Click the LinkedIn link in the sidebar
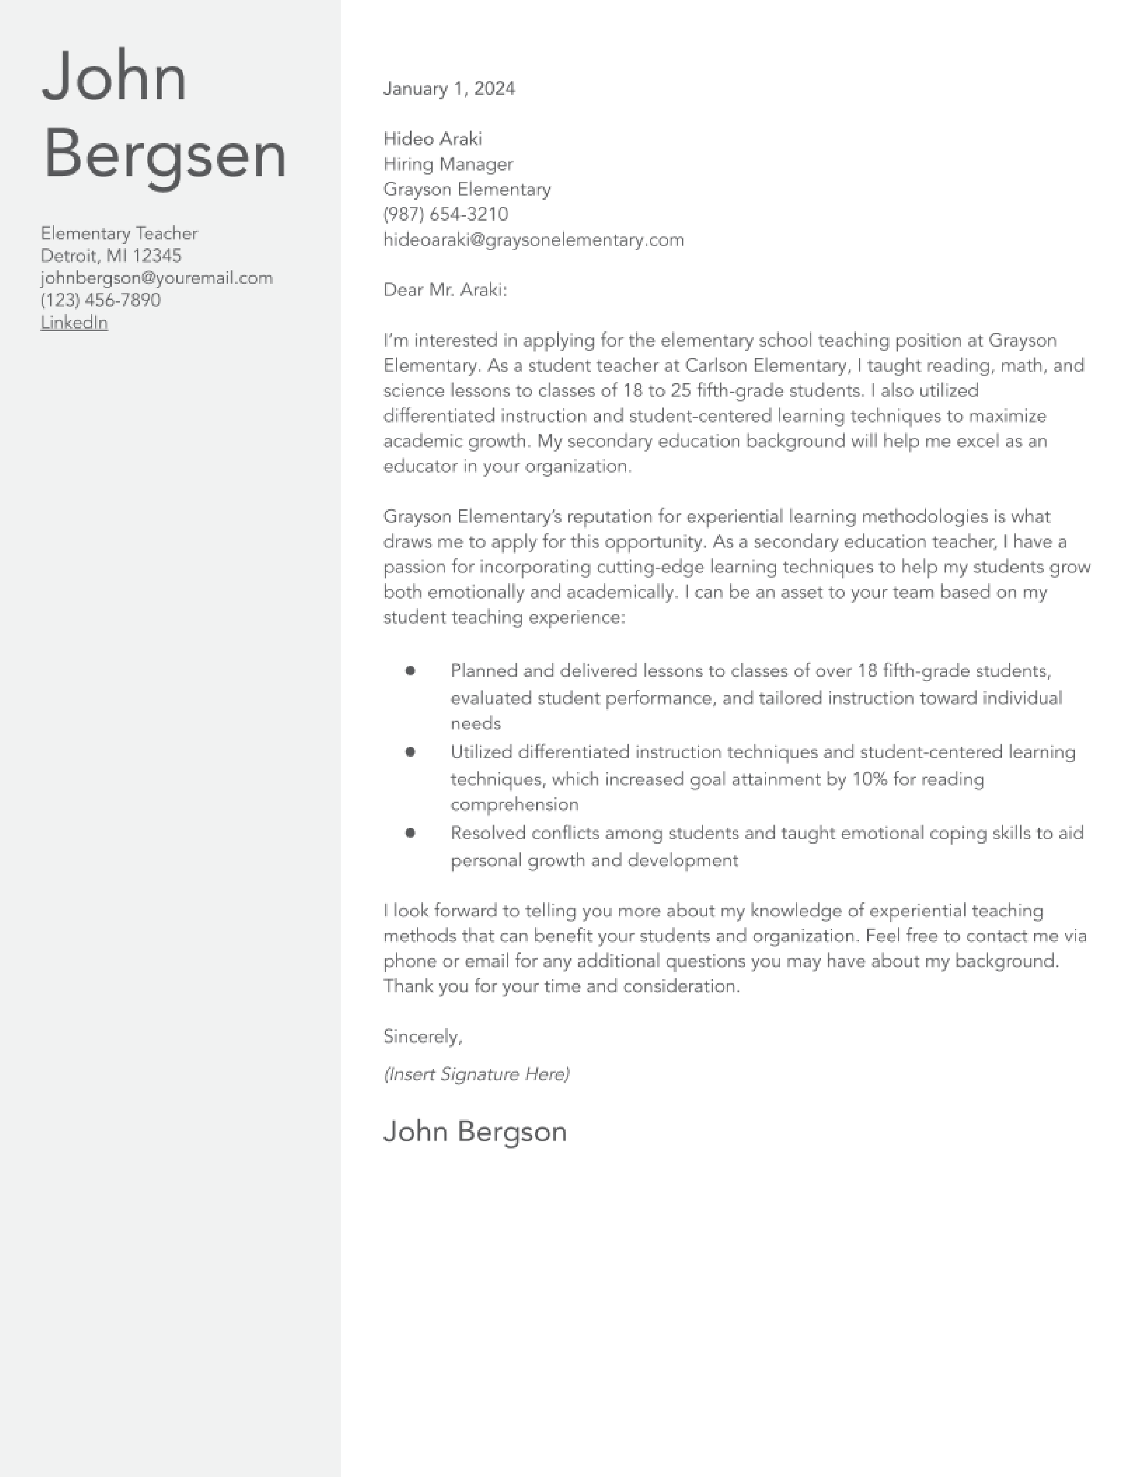coord(74,323)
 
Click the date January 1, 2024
coord(449,89)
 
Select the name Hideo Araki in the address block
coord(432,139)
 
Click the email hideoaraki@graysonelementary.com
coord(533,239)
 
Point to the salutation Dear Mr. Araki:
coord(445,290)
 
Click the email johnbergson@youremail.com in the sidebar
coord(156,278)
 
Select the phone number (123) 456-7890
coord(100,300)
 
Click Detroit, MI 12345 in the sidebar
coord(111,256)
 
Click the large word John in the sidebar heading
coord(114,77)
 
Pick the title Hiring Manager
coord(448,164)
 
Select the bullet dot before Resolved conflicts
coord(410,832)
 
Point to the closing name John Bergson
coord(474,1132)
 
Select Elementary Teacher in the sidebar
coord(119,233)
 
